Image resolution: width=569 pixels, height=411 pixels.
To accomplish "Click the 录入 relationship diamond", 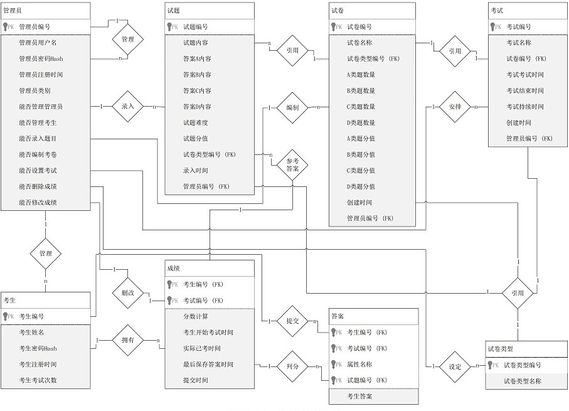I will pos(127,107).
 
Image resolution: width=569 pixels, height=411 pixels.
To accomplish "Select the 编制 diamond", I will pos(292,107).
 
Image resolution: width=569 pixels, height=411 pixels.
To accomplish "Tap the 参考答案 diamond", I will pos(292,166).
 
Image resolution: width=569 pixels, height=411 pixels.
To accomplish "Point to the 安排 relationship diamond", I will pos(455,107).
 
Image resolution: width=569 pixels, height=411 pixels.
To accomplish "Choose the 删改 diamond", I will pos(127,292).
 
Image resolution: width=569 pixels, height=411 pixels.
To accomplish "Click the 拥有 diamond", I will pos(127,340).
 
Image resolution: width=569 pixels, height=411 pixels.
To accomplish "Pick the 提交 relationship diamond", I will pos(292,321).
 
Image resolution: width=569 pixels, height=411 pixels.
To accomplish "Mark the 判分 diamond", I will pos(292,365).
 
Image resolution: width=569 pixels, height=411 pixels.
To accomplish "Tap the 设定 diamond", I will pos(455,365).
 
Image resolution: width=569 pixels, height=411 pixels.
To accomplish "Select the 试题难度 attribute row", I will pos(196,122).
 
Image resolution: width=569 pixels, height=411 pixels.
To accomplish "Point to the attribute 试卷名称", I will pos(359,43).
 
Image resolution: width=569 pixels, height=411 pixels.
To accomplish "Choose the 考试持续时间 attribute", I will pos(525,107).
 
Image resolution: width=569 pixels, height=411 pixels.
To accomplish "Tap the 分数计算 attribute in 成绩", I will pos(195,316).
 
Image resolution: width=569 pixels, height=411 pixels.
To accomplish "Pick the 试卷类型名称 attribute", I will pos(522,381).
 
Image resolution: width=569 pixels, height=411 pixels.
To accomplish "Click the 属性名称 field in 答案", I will pos(359,364).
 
